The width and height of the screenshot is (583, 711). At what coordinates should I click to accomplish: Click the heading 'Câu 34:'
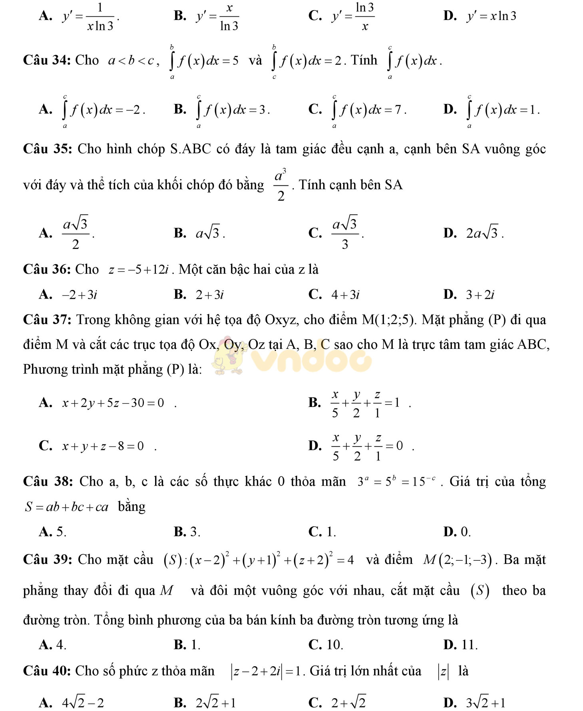tap(47, 60)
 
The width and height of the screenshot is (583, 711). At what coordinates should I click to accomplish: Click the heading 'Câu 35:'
tap(47, 149)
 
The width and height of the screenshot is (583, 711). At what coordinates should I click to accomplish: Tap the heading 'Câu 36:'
tap(47, 269)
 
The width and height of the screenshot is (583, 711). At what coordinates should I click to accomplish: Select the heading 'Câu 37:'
tap(47, 320)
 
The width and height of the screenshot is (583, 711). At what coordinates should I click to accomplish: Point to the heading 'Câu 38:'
tap(47, 481)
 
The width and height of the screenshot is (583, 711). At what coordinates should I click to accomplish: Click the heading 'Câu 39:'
tap(47, 560)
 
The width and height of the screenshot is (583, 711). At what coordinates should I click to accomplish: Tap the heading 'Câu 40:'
tap(47, 671)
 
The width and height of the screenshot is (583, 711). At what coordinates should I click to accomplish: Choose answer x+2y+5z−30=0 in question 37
tap(113, 403)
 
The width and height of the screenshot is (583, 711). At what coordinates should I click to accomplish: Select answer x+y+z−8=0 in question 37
tap(103, 446)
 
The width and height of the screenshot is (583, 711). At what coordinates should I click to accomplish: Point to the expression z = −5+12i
tap(140, 270)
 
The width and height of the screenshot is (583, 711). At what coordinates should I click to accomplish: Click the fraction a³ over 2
tap(281, 185)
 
